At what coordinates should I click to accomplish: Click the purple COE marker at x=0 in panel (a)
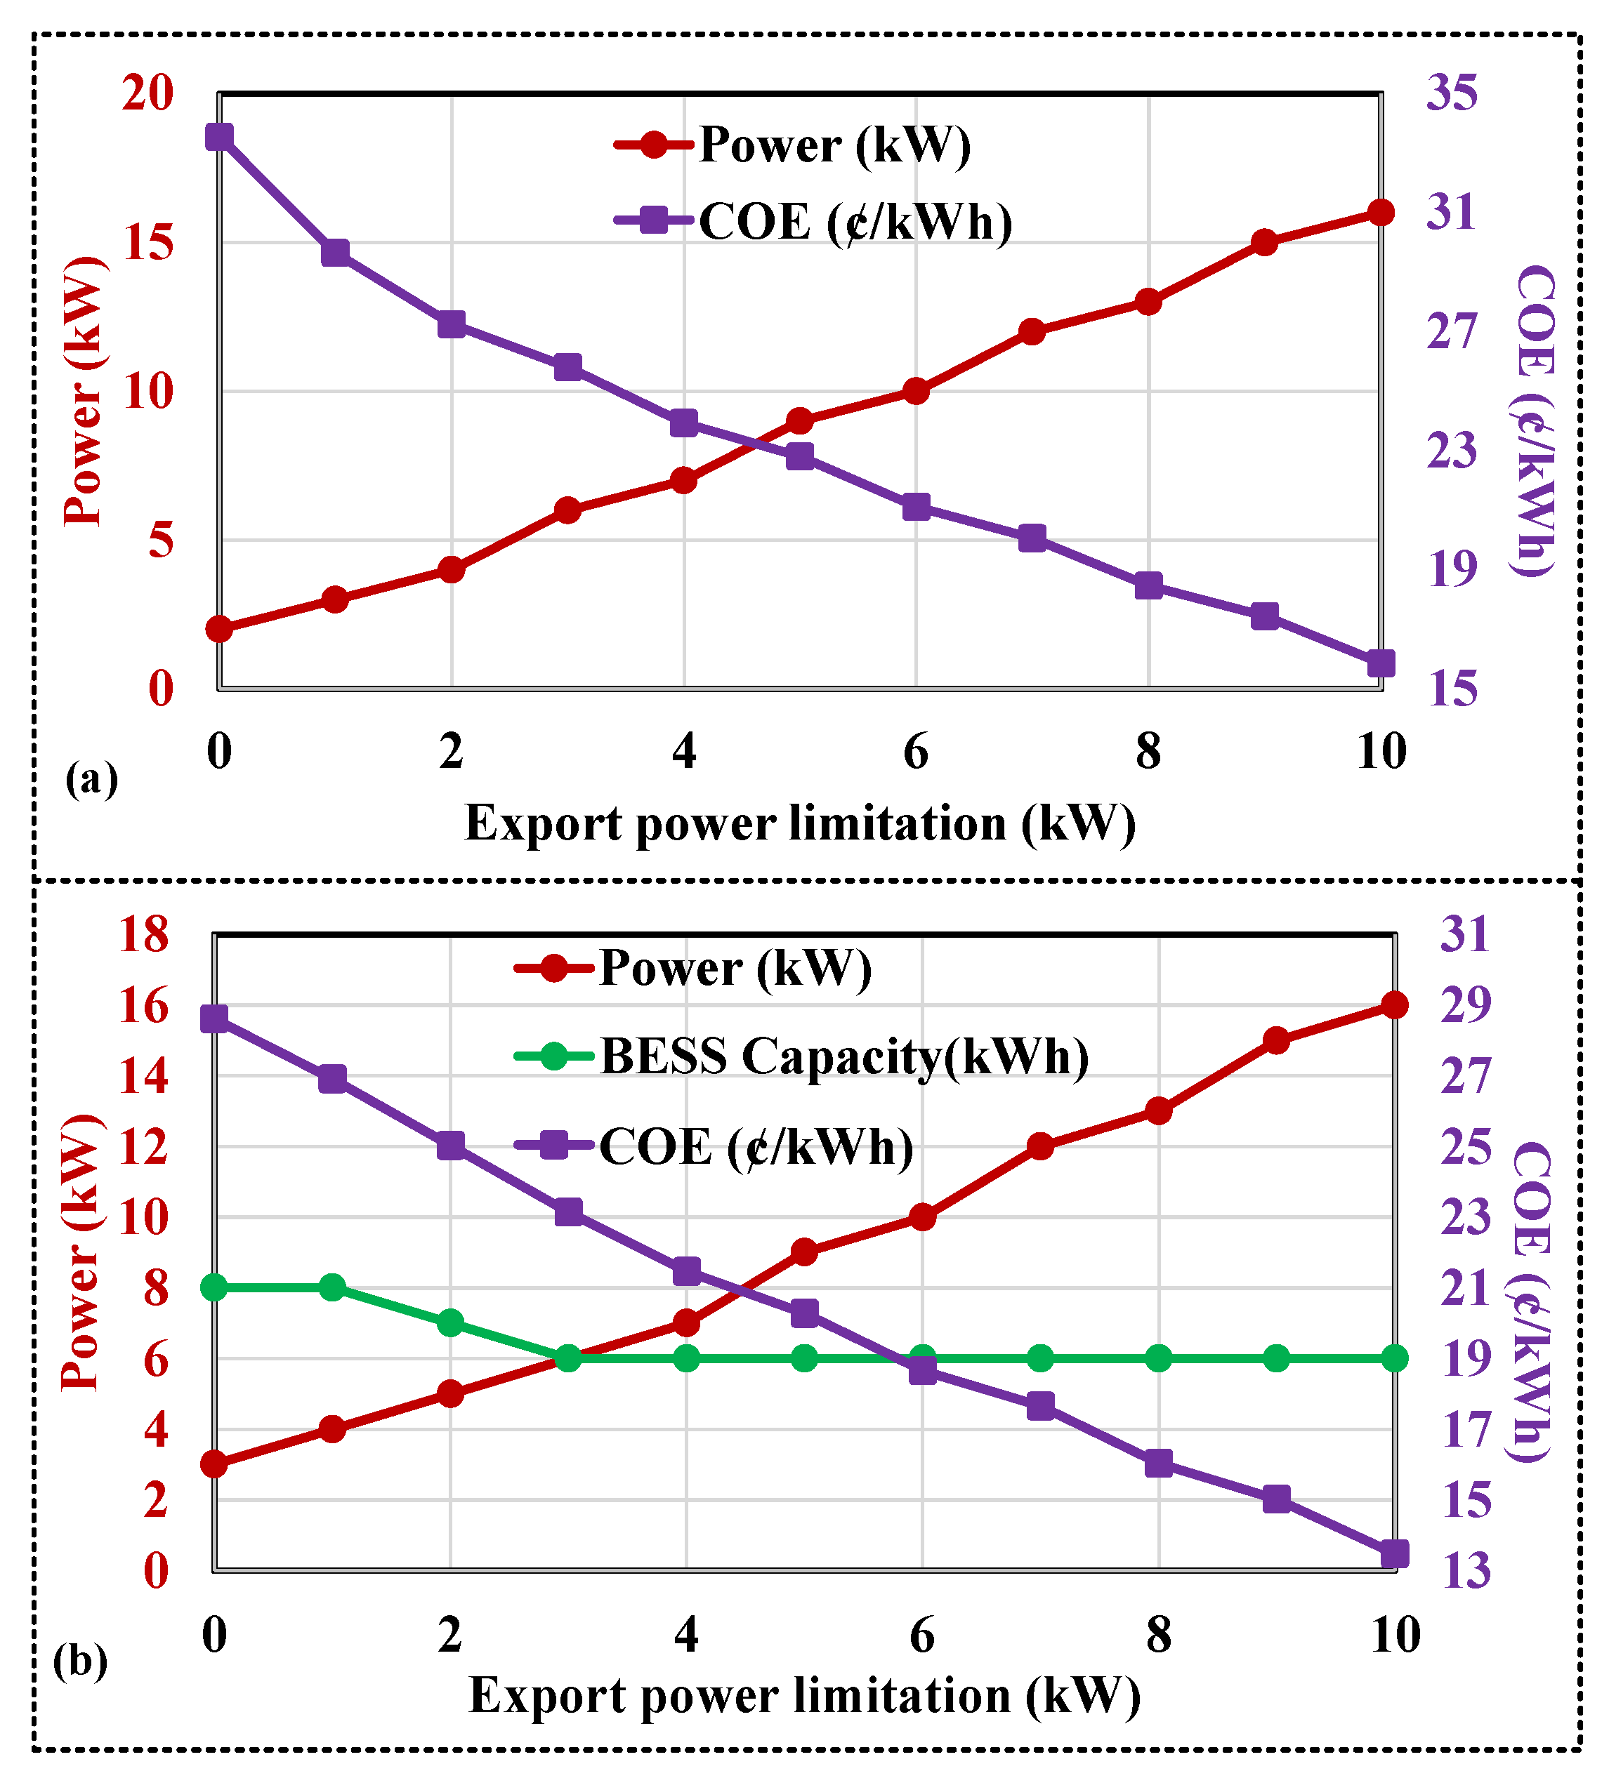pos(219,137)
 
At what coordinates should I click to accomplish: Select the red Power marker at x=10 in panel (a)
pos(1381,213)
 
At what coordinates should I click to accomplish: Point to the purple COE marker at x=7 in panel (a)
pos(1032,538)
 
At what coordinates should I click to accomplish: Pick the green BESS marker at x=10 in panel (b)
pos(1395,1359)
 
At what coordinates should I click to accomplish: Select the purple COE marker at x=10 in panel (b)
pos(1395,1554)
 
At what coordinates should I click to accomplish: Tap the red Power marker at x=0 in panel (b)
pos(214,1464)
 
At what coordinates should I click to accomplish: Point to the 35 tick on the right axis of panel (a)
pos(1451,93)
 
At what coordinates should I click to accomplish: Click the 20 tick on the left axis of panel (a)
pos(147,93)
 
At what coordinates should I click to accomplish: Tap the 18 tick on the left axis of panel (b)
pos(143,935)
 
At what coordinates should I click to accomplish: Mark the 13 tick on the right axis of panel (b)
pos(1465,1572)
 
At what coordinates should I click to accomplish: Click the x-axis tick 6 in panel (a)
pos(916,752)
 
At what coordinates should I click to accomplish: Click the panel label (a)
pos(91,779)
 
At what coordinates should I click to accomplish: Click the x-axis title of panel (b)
pos(804,1695)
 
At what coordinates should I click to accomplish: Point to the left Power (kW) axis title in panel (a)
pos(84,392)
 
